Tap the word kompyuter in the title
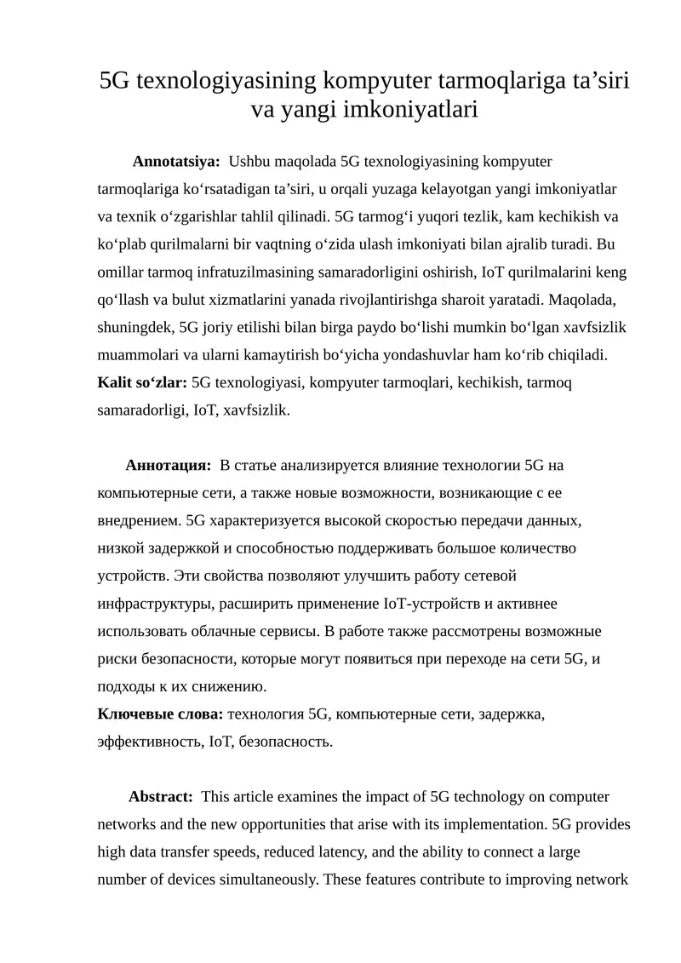[x=375, y=81]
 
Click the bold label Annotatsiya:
[x=176, y=160]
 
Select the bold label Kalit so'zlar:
[x=143, y=382]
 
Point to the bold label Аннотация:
[x=168, y=465]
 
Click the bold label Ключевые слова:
[x=161, y=714]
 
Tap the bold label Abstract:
[x=160, y=797]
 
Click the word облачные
[x=227, y=631]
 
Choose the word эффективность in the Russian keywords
[x=152, y=742]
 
